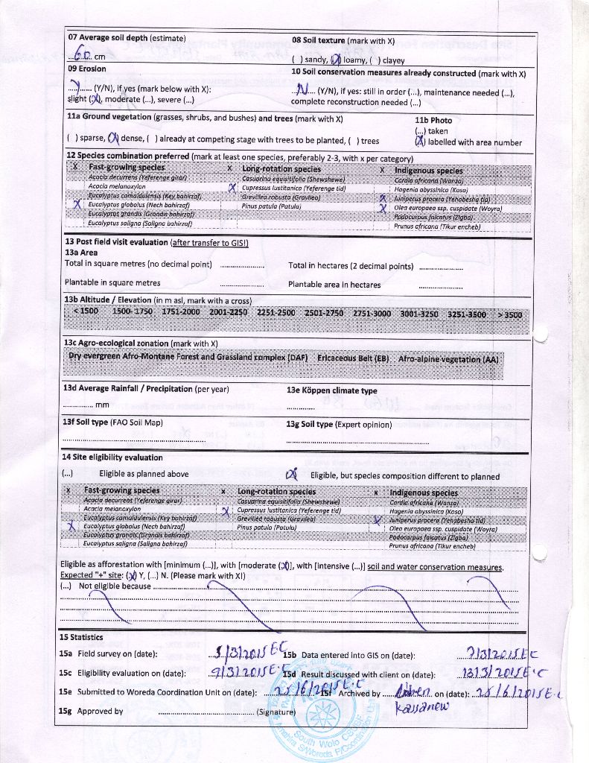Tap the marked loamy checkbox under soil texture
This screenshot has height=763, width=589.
(x=336, y=60)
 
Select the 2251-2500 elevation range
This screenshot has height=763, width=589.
(x=276, y=313)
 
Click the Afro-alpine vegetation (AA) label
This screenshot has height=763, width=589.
(x=448, y=358)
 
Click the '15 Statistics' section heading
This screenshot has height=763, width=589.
(x=81, y=637)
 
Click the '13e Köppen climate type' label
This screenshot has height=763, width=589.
(x=332, y=390)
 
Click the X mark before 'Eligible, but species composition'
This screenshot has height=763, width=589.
(x=292, y=474)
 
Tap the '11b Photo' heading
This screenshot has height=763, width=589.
(x=433, y=120)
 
